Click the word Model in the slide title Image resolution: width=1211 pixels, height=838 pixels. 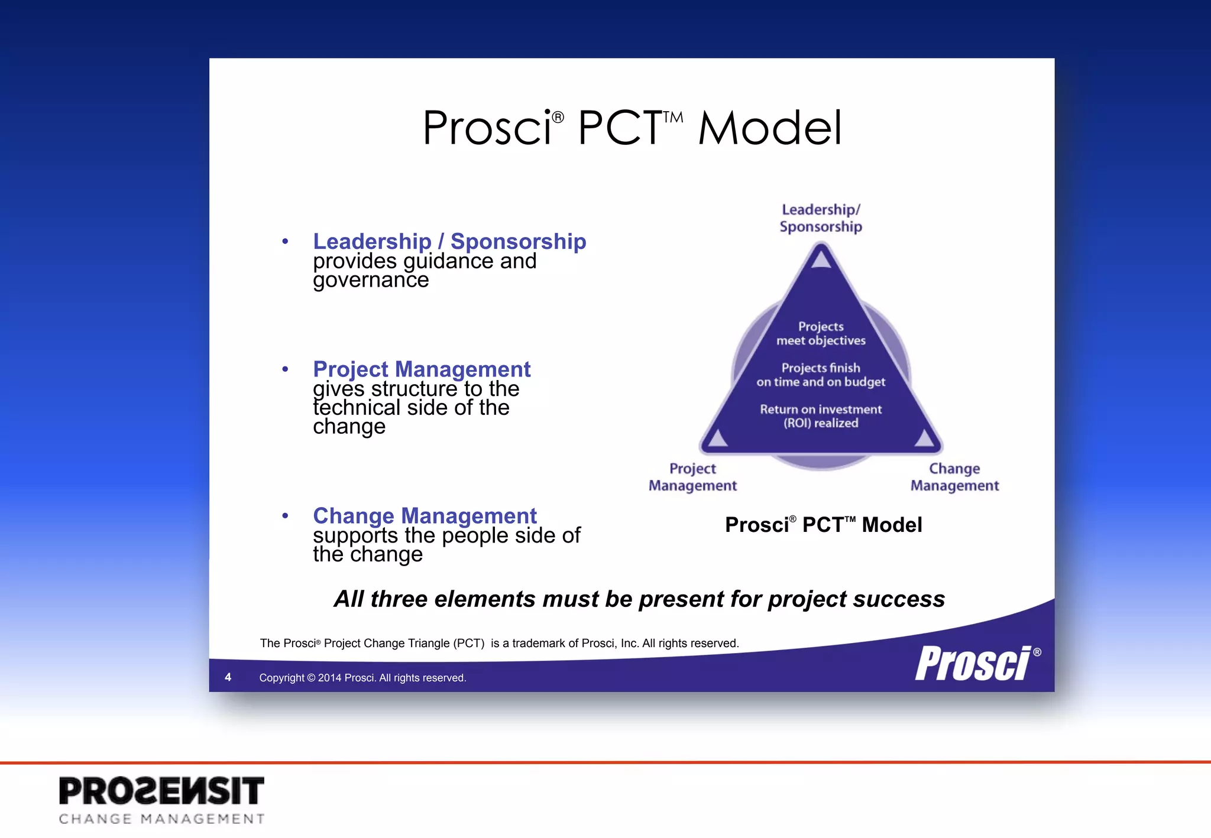(x=769, y=128)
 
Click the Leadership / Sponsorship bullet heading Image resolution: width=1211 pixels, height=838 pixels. (x=449, y=242)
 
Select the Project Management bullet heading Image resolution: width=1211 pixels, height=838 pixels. (x=422, y=369)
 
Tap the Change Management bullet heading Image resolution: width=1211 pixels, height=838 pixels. (x=425, y=516)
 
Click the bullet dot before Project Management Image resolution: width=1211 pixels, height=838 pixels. (x=285, y=369)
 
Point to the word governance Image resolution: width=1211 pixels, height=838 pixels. (x=371, y=280)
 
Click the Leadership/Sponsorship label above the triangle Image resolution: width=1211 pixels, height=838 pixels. (x=821, y=218)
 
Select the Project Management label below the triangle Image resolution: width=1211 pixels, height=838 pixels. (x=692, y=477)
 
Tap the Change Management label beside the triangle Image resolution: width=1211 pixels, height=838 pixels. (x=954, y=477)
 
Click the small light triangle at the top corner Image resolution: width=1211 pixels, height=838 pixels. (x=821, y=258)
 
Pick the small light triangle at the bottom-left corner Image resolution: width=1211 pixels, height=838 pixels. (x=718, y=438)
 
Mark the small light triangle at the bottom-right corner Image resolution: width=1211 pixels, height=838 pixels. (x=924, y=438)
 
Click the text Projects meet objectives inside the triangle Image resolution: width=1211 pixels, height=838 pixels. (x=821, y=333)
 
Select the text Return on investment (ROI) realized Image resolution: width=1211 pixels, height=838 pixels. (x=821, y=416)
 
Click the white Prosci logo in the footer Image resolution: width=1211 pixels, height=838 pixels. (x=974, y=663)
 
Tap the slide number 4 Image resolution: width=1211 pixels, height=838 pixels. (x=228, y=677)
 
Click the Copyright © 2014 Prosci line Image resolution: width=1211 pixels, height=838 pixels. (x=362, y=678)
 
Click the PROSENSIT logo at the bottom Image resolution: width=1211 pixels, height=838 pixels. (x=161, y=791)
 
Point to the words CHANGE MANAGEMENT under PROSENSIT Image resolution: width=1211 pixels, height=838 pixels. (x=161, y=819)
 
